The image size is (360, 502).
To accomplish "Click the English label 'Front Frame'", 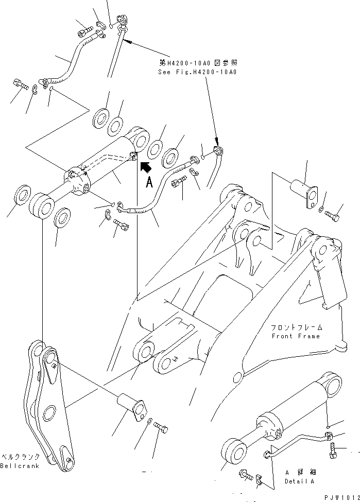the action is pyautogui.click(x=296, y=336).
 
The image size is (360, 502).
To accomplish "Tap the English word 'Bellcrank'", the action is pyautogui.click(x=20, y=466).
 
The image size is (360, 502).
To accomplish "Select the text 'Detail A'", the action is pyautogui.click(x=299, y=481).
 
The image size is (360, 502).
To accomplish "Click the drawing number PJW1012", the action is pyautogui.click(x=342, y=497).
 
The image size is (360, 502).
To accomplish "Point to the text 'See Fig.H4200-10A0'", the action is pyautogui.click(x=197, y=72).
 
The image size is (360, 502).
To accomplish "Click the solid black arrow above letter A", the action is pyautogui.click(x=146, y=167).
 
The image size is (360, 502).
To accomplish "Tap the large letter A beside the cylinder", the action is pyautogui.click(x=149, y=182).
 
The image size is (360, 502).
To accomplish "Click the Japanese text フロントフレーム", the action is pyautogui.click(x=297, y=327).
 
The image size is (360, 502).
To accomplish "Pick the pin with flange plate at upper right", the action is pyautogui.click(x=304, y=194).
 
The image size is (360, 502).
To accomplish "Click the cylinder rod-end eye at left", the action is pyautogui.click(x=42, y=206).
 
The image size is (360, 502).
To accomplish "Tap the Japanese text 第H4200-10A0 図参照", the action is pyautogui.click(x=198, y=62).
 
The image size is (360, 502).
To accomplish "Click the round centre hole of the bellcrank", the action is pyautogui.click(x=49, y=413).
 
